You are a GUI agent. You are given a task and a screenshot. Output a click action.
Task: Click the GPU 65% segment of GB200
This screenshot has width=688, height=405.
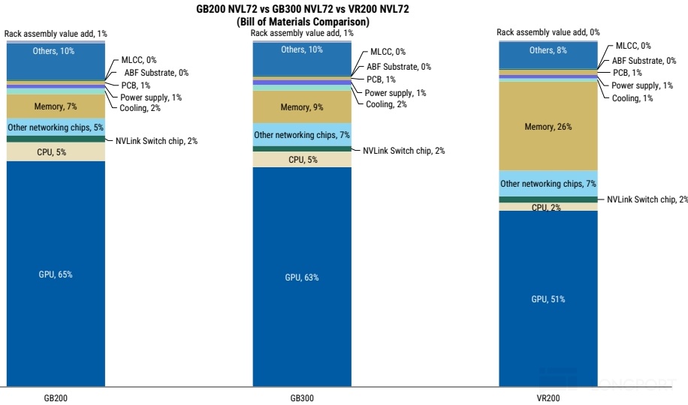56,274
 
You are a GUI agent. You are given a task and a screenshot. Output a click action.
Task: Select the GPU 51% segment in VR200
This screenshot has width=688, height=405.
548,298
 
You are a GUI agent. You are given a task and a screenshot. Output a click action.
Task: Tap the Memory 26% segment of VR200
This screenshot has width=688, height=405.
548,126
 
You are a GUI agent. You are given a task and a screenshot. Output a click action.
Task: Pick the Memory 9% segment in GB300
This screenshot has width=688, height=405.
302,107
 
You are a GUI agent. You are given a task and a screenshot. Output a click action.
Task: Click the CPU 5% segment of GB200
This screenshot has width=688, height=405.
56,151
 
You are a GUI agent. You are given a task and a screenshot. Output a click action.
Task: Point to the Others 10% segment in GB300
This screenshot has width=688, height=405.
302,59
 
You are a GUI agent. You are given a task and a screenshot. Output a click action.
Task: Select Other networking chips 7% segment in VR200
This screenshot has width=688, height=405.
548,184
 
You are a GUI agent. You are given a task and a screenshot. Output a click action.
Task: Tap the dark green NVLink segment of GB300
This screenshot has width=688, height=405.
302,149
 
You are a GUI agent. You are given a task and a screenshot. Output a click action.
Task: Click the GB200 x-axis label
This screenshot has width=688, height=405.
56,398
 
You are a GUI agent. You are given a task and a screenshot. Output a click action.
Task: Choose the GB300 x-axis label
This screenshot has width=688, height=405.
302,398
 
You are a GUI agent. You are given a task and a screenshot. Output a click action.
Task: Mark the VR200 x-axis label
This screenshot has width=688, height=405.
548,398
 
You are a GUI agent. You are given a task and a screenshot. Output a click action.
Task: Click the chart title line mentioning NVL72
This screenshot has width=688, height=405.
303,9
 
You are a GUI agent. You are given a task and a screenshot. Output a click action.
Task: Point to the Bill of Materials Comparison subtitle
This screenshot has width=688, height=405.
303,22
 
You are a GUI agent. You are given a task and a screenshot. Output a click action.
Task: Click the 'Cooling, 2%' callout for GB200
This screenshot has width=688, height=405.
140,108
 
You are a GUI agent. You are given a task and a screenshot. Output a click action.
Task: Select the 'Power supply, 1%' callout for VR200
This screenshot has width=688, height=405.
642,85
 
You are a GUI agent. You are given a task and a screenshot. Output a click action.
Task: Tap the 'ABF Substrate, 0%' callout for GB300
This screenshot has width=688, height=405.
399,67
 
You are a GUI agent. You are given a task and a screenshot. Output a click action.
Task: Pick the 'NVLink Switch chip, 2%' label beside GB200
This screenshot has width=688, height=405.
156,141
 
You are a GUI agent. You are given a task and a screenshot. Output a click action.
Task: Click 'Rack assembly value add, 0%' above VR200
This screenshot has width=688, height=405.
548,32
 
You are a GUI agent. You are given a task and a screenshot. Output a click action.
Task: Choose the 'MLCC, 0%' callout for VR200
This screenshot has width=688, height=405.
633,46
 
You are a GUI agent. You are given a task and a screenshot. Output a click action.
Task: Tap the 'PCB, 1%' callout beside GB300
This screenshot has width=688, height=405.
381,79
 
